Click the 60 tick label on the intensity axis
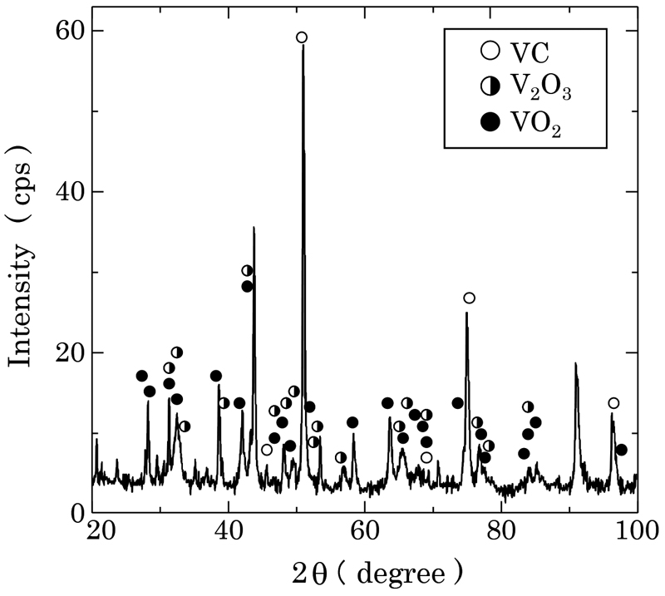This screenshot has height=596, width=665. coord(68,31)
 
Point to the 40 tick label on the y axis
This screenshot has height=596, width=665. coord(68,192)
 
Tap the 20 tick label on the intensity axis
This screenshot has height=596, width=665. coord(68,353)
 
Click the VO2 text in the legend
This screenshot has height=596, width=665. coord(533,122)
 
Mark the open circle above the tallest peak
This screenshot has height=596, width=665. coord(302,37)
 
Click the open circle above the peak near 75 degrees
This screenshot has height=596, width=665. coord(469,298)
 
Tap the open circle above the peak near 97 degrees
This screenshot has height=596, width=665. coord(613,403)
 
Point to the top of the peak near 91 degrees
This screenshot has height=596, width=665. coord(574,363)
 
